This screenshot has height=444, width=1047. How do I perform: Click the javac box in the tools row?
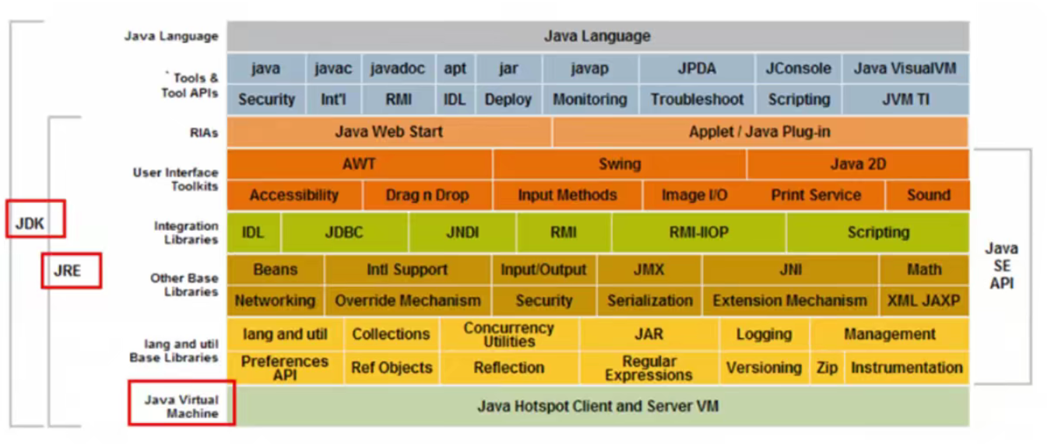pyautogui.click(x=333, y=68)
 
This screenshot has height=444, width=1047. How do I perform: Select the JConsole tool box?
pyautogui.click(x=798, y=68)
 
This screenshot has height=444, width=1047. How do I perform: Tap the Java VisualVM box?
pyautogui.click(x=905, y=68)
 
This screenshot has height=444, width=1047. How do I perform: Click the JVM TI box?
pyautogui.click(x=905, y=100)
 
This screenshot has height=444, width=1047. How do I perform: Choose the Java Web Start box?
pyautogui.click(x=389, y=132)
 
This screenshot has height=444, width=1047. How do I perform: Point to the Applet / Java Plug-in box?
pyautogui.click(x=760, y=132)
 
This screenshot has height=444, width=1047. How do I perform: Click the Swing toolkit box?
pyautogui.click(x=620, y=164)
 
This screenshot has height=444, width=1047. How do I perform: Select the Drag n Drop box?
pyautogui.click(x=427, y=195)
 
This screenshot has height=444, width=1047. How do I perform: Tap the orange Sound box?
pyautogui.click(x=928, y=195)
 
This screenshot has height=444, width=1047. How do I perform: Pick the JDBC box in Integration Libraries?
pyautogui.click(x=344, y=232)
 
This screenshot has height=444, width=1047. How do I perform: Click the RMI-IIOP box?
pyautogui.click(x=699, y=232)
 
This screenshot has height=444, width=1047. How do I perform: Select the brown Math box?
pyautogui.click(x=923, y=270)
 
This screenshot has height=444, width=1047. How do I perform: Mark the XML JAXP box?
pyautogui.click(x=923, y=301)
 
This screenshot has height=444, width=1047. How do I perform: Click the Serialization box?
pyautogui.click(x=650, y=301)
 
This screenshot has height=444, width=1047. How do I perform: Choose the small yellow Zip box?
pyautogui.click(x=826, y=368)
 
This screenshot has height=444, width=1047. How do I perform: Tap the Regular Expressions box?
pyautogui.click(x=648, y=368)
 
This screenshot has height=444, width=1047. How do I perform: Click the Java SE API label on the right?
pyautogui.click(x=1001, y=266)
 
